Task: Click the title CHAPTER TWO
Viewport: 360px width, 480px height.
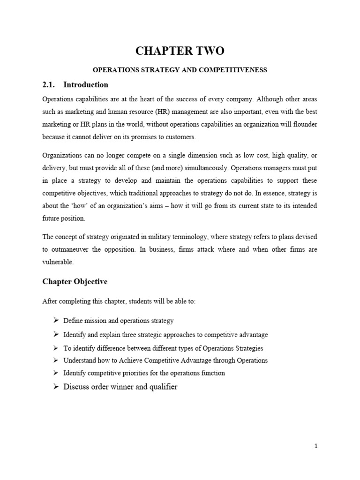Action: coord(180,52)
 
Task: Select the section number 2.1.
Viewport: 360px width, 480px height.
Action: coord(49,85)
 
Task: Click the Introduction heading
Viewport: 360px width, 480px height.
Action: coord(86,85)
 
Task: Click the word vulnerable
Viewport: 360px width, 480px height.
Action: coord(58,262)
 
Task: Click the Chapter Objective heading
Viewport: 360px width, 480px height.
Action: coord(75,282)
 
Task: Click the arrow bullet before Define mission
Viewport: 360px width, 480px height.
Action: coord(55,321)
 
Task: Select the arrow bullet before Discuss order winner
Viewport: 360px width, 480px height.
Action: coord(55,387)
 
